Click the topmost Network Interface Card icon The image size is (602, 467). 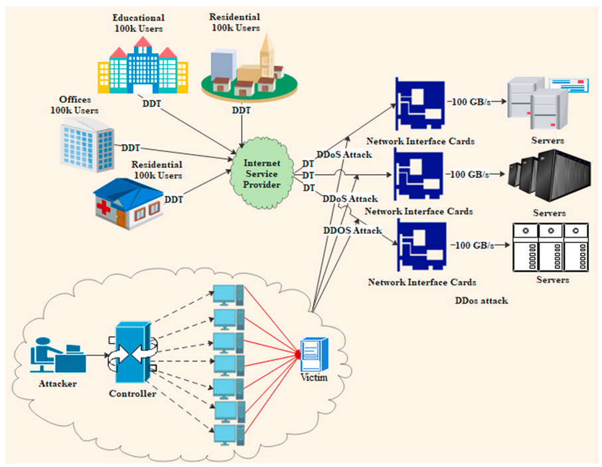tap(418, 104)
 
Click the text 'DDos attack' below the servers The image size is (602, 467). tap(481, 300)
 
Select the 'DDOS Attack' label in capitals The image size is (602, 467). tap(352, 231)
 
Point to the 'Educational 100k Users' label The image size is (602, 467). tap(138, 23)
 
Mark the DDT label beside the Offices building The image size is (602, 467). tap(131, 147)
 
